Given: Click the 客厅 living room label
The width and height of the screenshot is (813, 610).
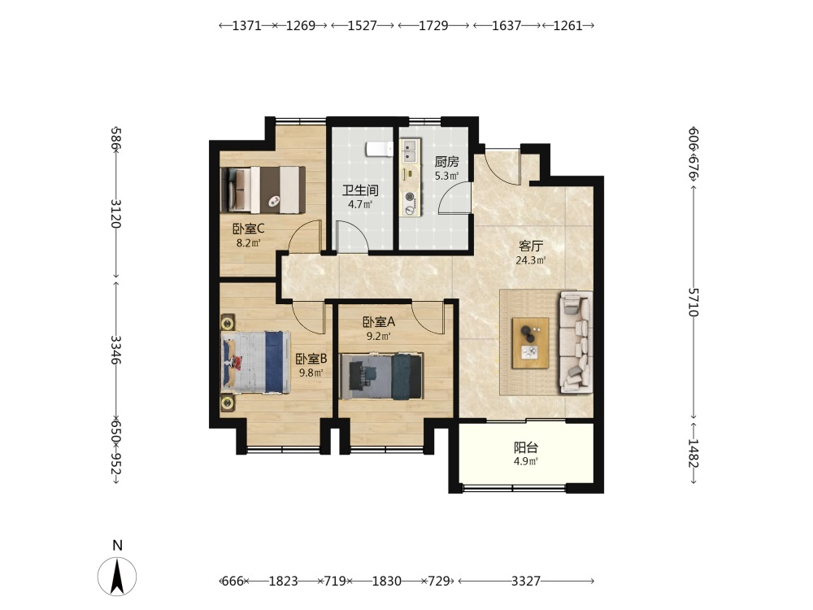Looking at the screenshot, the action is [531, 246].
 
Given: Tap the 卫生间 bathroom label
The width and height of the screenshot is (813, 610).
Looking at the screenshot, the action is [360, 190].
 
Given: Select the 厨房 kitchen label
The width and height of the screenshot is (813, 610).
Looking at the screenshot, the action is [446, 162].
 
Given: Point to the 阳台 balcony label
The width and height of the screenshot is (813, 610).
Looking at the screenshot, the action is [526, 447].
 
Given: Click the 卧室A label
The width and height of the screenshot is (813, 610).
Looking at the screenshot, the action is [379, 322].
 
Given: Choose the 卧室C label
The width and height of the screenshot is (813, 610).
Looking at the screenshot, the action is [248, 229].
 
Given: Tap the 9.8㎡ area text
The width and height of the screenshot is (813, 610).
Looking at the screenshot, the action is [311, 373].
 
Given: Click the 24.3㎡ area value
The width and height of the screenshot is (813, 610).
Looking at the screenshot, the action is [530, 260].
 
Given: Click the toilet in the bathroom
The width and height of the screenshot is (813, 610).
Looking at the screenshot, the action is [380, 149].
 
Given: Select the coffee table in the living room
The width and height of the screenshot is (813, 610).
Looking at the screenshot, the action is [530, 343].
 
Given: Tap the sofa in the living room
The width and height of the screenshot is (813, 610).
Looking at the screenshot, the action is [576, 342].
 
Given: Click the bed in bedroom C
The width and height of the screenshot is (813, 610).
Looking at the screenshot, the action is [263, 190].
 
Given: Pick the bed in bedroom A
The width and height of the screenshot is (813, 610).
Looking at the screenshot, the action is [381, 377].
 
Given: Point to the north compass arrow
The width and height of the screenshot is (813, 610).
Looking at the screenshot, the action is [117, 577].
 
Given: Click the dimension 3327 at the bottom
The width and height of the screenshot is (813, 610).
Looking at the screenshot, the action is [526, 581].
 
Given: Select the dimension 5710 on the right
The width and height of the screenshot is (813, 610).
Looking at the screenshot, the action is [693, 302].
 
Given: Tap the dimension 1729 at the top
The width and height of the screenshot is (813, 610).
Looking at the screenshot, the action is [433, 25].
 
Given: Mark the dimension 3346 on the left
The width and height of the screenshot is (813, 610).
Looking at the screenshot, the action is [116, 350].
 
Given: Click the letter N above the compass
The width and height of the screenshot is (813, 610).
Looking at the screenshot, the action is [118, 546].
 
